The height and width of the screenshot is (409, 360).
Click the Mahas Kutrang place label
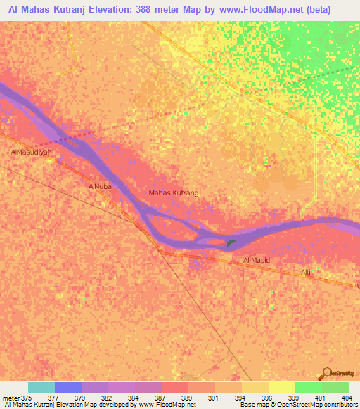(x=174, y=193)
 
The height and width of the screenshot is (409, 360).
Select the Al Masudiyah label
(x=32, y=152)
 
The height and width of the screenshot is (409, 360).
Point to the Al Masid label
(x=257, y=260)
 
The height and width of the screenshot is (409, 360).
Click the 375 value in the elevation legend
(x=27, y=398)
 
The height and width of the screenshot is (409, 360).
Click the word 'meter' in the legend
(x=11, y=398)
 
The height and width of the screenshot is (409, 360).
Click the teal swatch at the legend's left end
(x=41, y=387)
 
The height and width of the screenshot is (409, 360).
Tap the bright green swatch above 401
(x=309, y=387)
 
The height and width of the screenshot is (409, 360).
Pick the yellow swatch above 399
(x=282, y=387)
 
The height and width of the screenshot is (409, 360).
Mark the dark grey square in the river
(x=231, y=244)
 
